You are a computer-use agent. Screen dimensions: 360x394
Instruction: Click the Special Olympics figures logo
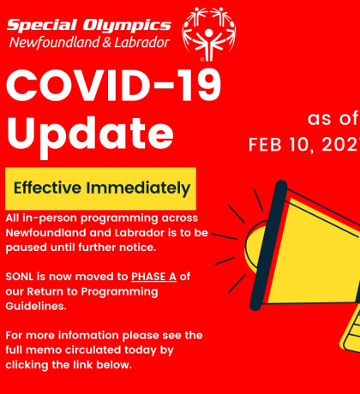[x=209, y=33]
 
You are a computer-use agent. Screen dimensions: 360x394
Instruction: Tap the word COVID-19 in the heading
[x=113, y=86]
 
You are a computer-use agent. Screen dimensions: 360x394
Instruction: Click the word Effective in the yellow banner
[x=47, y=188]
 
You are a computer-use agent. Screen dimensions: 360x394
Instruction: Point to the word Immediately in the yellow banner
[x=138, y=188]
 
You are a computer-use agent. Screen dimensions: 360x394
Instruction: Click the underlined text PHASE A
[x=153, y=277]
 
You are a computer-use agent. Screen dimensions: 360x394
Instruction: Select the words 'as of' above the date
[x=333, y=118]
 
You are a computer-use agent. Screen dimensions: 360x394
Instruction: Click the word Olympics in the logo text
[x=127, y=26]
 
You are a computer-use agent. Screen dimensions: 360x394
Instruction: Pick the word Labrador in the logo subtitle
[x=142, y=43]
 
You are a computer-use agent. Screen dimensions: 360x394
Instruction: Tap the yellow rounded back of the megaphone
[x=254, y=246]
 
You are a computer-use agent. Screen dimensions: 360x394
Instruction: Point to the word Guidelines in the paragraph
[x=36, y=306]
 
